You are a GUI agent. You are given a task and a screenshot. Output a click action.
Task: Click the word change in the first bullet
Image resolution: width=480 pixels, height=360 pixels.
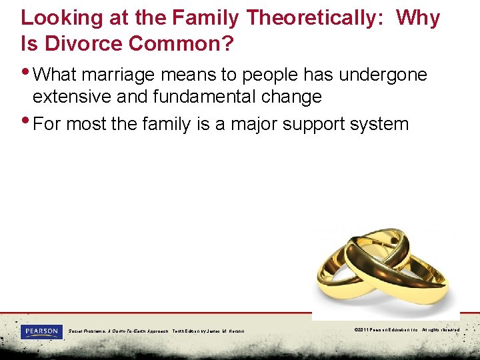point(293,97)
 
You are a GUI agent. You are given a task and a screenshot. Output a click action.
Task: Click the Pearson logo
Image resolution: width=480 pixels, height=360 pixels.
point(41,331)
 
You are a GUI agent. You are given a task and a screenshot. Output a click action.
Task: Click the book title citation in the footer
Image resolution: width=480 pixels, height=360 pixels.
point(157,331)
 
